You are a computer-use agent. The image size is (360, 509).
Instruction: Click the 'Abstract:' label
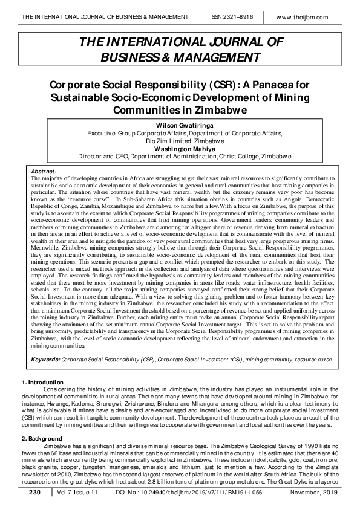(44, 172)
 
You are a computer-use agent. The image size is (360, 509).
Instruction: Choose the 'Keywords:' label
(45, 359)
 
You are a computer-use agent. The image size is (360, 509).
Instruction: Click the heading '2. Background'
(41, 438)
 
